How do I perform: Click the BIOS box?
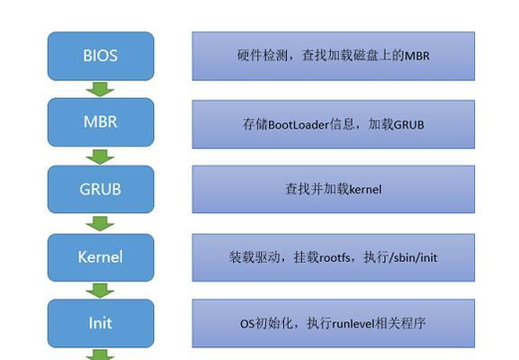pyautogui.click(x=101, y=56)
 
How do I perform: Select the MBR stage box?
pyautogui.click(x=101, y=122)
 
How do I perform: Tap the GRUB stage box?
pyautogui.click(x=101, y=189)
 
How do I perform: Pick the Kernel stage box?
pyautogui.click(x=101, y=257)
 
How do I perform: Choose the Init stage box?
pyautogui.click(x=101, y=323)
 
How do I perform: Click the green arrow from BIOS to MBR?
pyautogui.click(x=100, y=89)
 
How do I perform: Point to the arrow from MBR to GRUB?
pyautogui.click(x=100, y=157)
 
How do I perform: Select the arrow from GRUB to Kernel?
pyautogui.click(x=100, y=223)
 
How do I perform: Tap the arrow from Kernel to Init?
pyautogui.click(x=100, y=291)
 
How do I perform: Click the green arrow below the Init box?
pyautogui.click(x=100, y=355)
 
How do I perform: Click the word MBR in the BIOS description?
pyautogui.click(x=417, y=56)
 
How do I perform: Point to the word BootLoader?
pyautogui.click(x=299, y=125)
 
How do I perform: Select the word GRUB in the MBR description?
pyautogui.click(x=409, y=125)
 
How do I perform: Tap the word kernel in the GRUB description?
pyautogui.click(x=365, y=189)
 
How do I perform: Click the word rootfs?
pyautogui.click(x=335, y=257)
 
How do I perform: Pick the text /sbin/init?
pyautogui.click(x=413, y=257)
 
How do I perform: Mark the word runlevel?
pyautogui.click(x=353, y=324)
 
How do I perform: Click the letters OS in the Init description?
pyautogui.click(x=247, y=324)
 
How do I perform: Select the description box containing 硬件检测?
pyautogui.click(x=334, y=56)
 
